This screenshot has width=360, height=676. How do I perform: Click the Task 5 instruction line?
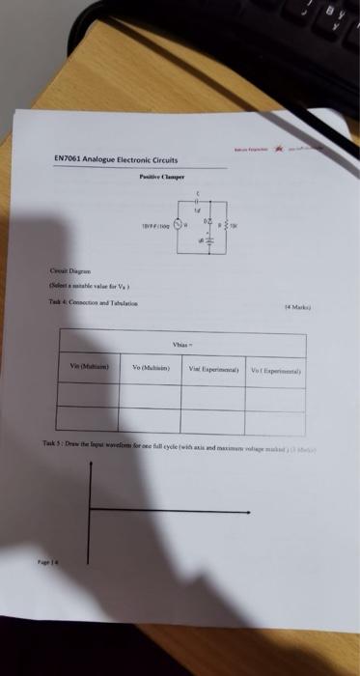coord(174,443)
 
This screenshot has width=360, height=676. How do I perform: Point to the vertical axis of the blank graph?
coord(90,502)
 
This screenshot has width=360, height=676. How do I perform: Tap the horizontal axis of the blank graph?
coord(164,530)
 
